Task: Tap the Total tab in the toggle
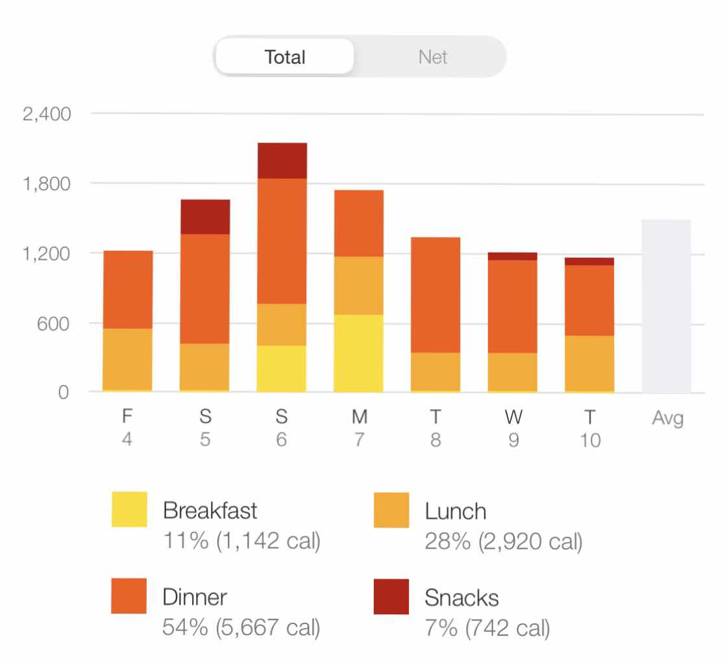tap(285, 57)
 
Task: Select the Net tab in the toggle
tap(432, 57)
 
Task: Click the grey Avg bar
tap(667, 306)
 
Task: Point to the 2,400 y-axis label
tap(46, 115)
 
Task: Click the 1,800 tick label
tap(46, 184)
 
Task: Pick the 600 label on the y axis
tap(55, 323)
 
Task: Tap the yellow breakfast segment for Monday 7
tap(359, 353)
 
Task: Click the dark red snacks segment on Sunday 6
tap(282, 160)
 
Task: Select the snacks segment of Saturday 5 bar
tap(205, 216)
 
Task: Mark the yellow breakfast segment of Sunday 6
tap(282, 368)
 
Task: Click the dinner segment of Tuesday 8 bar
tap(435, 295)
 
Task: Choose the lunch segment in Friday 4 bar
tap(128, 359)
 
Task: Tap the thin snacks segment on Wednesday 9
tap(513, 256)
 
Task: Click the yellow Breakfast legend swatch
tap(129, 509)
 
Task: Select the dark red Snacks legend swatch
tap(391, 596)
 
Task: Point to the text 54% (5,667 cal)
tap(241, 628)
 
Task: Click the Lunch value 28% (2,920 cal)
tap(504, 541)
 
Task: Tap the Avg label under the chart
tap(667, 419)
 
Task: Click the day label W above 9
tap(513, 417)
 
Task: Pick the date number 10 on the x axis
tap(590, 441)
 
